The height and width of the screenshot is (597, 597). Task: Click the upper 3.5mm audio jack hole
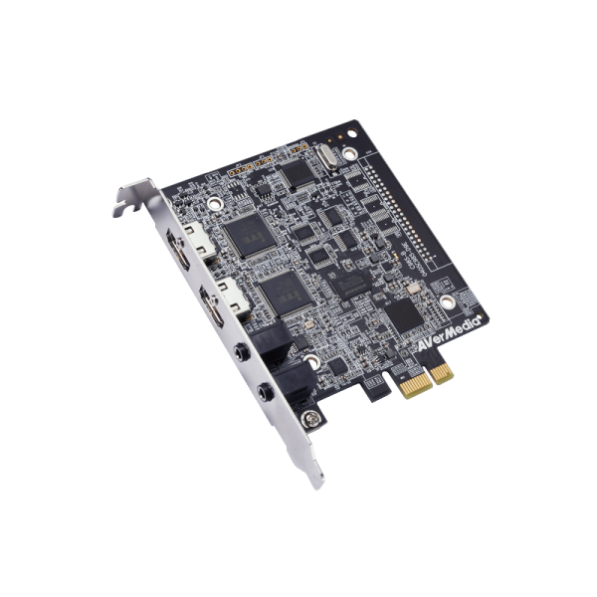click(240, 350)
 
